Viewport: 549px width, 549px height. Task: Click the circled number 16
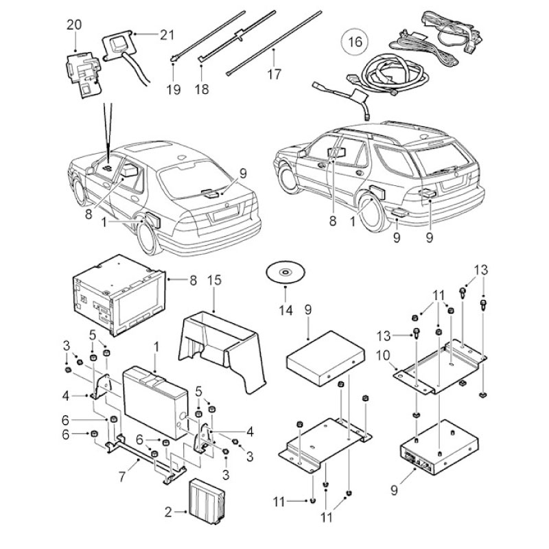[x=355, y=42]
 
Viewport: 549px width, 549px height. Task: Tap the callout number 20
[x=74, y=25]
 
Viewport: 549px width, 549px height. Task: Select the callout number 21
[x=167, y=35]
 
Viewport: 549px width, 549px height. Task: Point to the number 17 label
[x=274, y=74]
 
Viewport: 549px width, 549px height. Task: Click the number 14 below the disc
[x=285, y=310]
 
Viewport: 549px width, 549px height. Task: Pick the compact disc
[x=285, y=272]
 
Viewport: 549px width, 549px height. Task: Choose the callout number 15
[x=215, y=280]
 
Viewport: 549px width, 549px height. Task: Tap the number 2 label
[x=168, y=512]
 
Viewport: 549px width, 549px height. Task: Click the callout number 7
[x=122, y=477]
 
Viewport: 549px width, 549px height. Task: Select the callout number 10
[x=383, y=355]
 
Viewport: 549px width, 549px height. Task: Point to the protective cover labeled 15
[x=222, y=350]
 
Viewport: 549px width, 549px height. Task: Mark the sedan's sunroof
[x=148, y=147]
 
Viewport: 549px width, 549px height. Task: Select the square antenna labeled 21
[x=117, y=45]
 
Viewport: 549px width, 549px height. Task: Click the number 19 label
[x=174, y=90]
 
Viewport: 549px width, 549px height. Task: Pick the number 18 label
[x=202, y=89]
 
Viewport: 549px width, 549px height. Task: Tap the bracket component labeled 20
[x=84, y=74]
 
